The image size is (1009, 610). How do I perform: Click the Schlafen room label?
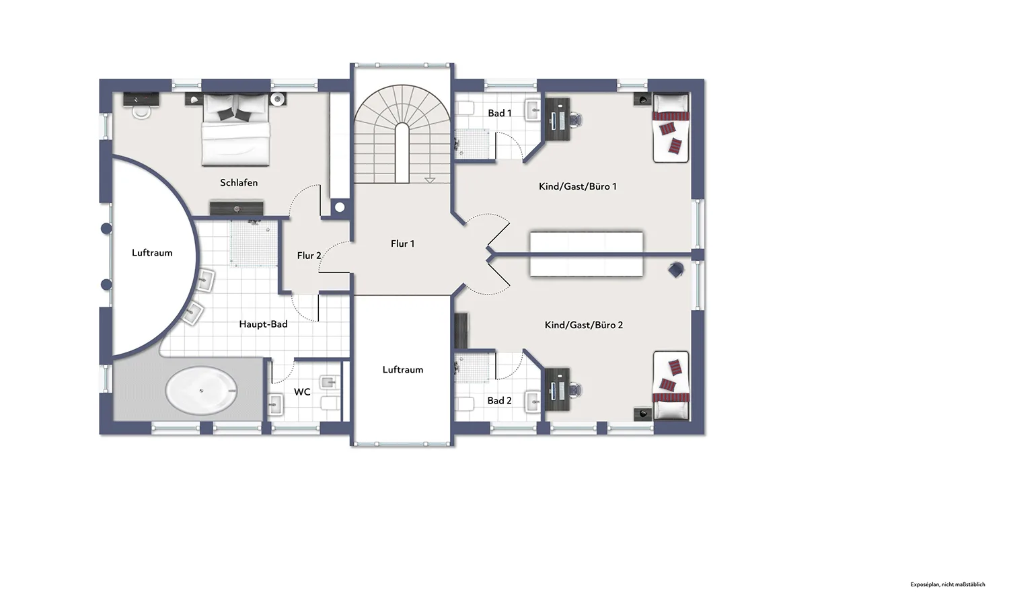click(239, 182)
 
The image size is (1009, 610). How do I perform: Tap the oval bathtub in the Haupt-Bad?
click(201, 390)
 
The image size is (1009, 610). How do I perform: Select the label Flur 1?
click(402, 243)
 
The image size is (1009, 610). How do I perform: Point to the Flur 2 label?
click(309, 256)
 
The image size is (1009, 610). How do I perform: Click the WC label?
click(302, 392)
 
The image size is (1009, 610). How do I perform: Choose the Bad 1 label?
click(500, 113)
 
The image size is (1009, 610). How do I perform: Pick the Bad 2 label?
click(500, 401)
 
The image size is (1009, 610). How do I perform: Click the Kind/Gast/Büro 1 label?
click(577, 186)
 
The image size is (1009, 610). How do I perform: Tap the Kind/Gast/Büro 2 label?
click(584, 325)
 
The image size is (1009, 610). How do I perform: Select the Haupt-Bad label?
click(263, 324)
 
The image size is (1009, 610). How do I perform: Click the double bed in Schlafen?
click(235, 129)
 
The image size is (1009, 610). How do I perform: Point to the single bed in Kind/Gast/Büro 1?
click(671, 128)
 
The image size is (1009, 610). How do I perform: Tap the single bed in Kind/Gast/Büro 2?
click(671, 385)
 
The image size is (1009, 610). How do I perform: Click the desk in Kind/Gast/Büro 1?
click(558, 120)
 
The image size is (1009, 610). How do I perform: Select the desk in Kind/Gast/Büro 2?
click(558, 389)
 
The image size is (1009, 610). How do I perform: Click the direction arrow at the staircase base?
click(431, 180)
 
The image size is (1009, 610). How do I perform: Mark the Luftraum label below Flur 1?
click(403, 370)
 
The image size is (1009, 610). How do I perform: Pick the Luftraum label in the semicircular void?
click(152, 253)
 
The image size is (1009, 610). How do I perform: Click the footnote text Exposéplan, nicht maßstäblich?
click(948, 584)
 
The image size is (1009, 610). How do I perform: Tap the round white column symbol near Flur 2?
click(340, 207)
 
